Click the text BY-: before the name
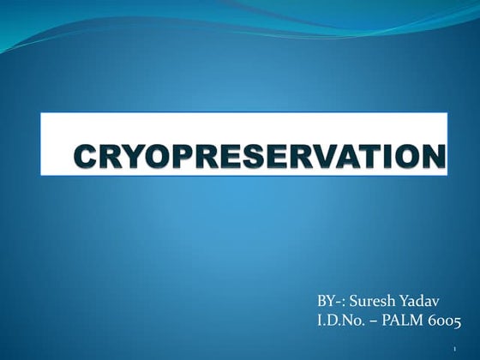click(x=333, y=301)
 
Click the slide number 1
click(x=453, y=349)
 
